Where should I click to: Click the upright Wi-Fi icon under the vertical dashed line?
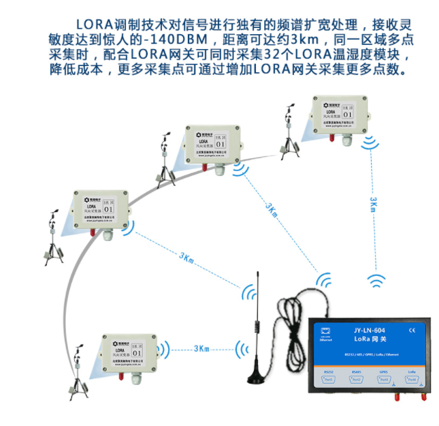click(376, 279)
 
